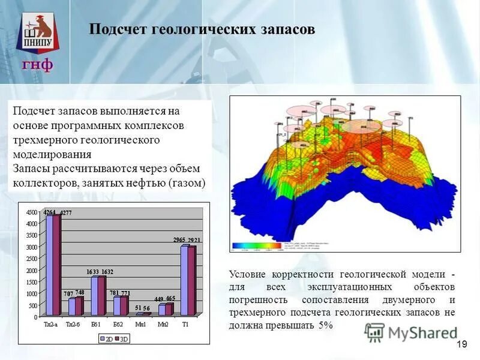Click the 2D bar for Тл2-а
[x=49, y=264]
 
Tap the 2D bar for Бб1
[x=95, y=296]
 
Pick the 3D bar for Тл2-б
[x=79, y=306]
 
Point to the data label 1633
[x=92, y=272]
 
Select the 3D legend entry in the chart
[x=123, y=338]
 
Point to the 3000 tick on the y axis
[x=31, y=247]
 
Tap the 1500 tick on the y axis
[x=31, y=281]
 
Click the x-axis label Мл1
[x=140, y=324]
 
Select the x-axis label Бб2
[x=118, y=324]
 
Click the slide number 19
[x=461, y=344]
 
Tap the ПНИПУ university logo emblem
[x=38, y=33]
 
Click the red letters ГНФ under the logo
[x=38, y=64]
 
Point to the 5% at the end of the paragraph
[x=325, y=325]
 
